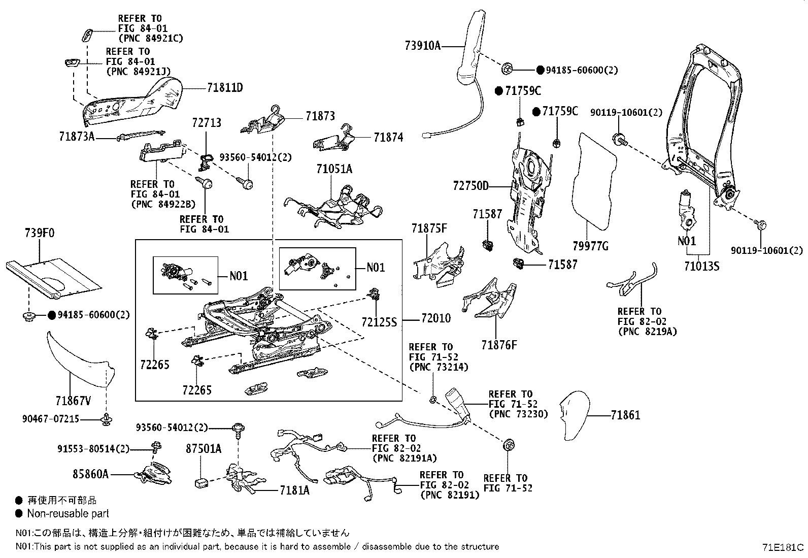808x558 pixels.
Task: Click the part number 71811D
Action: pos(225,88)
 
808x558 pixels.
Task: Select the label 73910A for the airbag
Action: pos(422,46)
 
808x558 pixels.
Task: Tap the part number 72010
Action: pos(435,319)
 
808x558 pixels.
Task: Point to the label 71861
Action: pos(625,415)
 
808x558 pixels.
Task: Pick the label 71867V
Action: pos(73,401)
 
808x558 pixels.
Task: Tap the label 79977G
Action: pos(590,247)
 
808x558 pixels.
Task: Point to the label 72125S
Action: pos(379,322)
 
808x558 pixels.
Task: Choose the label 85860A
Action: pos(90,474)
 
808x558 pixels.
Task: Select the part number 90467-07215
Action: pos(51,419)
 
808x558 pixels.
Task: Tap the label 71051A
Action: pos(334,169)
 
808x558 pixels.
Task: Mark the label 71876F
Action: pos(499,345)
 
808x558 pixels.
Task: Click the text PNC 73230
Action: pos(518,414)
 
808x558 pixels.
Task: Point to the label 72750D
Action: pos(470,186)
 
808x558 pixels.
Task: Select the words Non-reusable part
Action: pos(68,513)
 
